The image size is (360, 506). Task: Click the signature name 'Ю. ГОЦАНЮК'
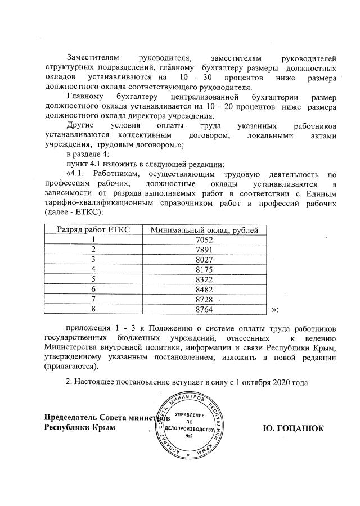293,428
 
